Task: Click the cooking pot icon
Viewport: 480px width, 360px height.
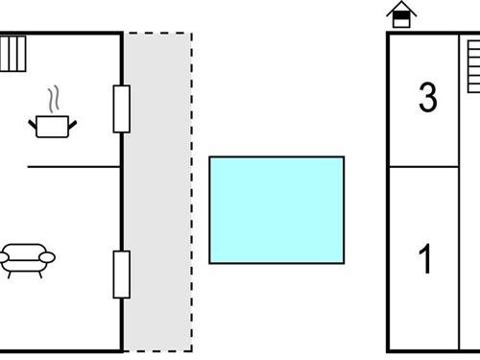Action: [53, 126]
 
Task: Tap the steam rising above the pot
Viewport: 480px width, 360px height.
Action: [55, 100]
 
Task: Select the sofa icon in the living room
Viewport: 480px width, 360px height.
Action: [28, 258]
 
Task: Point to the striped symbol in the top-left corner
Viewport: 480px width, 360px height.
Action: [13, 54]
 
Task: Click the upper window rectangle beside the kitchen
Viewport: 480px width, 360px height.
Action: [122, 108]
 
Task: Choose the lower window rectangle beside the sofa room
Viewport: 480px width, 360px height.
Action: [122, 274]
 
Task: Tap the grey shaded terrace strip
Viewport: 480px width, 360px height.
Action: [157, 192]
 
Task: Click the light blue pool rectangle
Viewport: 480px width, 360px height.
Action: [276, 209]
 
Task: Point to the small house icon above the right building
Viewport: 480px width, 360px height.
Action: [401, 15]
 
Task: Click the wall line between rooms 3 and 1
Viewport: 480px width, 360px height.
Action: [422, 167]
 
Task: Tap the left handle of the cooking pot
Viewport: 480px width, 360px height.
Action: [35, 120]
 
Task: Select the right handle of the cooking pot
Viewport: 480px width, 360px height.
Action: [72, 120]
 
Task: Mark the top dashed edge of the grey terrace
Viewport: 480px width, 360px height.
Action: [157, 34]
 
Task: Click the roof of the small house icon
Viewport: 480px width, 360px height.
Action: [401, 9]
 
